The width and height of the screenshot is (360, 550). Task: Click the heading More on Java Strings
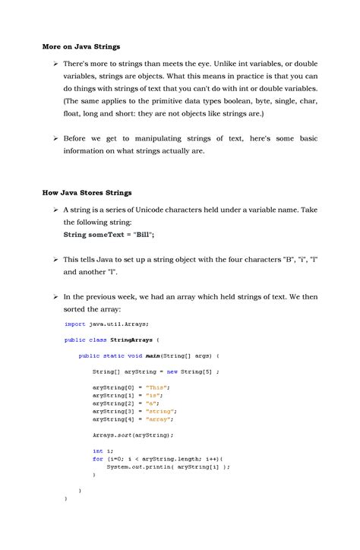tap(81, 46)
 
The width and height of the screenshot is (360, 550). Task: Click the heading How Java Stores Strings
tap(87, 192)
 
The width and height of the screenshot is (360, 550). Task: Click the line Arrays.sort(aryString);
tap(133, 435)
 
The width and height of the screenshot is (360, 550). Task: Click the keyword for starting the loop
tap(98, 459)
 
